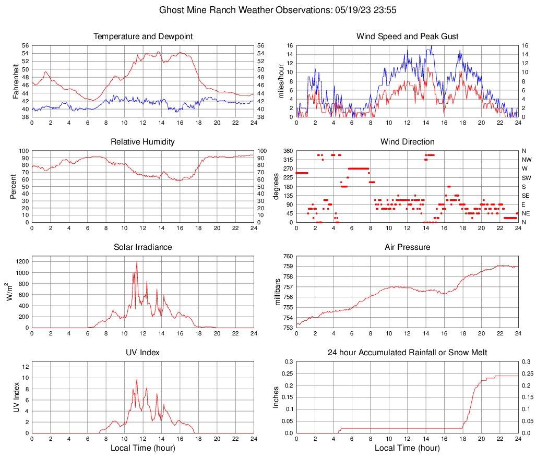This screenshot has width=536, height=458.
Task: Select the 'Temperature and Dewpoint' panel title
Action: click(142, 37)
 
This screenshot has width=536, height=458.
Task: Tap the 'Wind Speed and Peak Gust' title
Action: click(407, 37)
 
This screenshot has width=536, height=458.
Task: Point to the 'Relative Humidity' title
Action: click(142, 142)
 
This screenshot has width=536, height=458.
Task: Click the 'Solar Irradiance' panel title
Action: click(142, 247)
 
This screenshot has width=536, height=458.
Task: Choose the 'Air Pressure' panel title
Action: click(407, 247)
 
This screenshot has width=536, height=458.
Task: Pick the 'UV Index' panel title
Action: click(142, 353)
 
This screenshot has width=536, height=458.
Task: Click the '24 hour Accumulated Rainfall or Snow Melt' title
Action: click(407, 353)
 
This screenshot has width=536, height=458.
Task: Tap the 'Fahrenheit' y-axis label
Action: click(15, 81)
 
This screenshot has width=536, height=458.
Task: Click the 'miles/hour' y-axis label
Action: click(281, 81)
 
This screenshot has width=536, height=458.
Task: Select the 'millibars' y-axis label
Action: click(278, 292)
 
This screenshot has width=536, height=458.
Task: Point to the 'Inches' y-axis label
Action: click(277, 397)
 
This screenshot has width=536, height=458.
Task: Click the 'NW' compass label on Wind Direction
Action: click(526, 160)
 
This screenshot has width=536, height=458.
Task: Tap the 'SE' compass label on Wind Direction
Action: click(526, 196)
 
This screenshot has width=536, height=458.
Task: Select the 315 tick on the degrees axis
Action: click(288, 160)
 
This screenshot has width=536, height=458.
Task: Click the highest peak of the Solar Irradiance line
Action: click(137, 261)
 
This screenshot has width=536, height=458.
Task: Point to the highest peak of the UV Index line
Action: click(137, 379)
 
